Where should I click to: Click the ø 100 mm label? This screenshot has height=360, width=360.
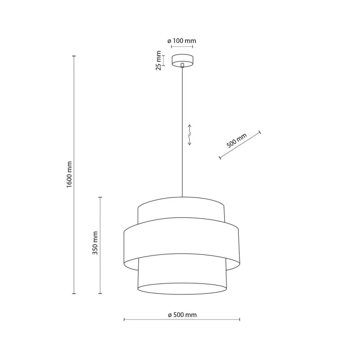click(182, 41)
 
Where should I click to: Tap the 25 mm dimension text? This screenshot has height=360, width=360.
click(158, 61)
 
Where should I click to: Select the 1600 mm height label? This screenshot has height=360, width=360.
click(69, 175)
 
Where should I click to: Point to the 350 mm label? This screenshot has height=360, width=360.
click(95, 243)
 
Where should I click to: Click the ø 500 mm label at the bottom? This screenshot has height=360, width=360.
click(182, 315)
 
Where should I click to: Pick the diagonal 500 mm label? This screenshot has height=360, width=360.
click(236, 140)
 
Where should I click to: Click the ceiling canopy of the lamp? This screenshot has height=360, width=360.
click(182, 61)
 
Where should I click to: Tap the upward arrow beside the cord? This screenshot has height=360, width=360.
click(190, 128)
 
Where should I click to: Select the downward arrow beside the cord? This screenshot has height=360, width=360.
click(190, 141)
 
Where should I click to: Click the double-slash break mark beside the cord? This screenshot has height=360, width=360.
click(190, 135)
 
